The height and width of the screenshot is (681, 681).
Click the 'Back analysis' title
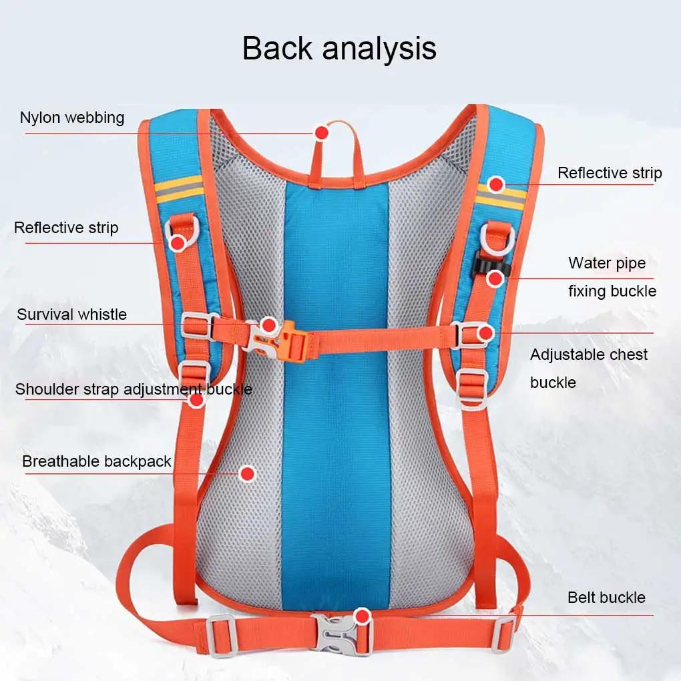click(x=339, y=48)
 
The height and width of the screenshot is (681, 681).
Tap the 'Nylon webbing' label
click(x=72, y=118)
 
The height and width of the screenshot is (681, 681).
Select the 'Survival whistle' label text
click(x=71, y=314)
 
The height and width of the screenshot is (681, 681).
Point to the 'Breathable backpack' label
click(x=97, y=461)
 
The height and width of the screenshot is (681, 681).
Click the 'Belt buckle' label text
click(x=606, y=597)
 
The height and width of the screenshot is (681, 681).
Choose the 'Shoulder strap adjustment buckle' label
click(x=134, y=389)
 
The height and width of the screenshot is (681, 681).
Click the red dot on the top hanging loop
click(x=322, y=133)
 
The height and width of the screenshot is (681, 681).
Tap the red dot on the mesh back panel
click(x=248, y=474)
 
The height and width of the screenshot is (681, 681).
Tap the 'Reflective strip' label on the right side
click(x=610, y=173)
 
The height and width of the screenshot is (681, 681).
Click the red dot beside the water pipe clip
click(x=495, y=278)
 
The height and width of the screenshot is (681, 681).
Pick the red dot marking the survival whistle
click(x=269, y=325)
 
